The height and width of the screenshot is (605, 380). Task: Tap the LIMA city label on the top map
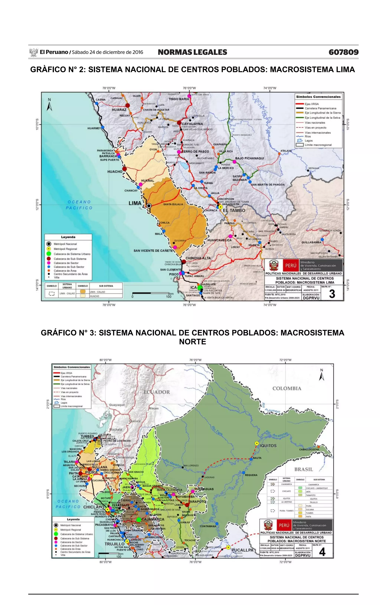tap(135, 203)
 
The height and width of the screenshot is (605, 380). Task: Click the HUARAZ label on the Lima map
tap(119, 110)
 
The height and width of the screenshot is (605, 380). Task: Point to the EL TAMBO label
tap(234, 210)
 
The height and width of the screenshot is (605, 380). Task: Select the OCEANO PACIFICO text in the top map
tap(79, 205)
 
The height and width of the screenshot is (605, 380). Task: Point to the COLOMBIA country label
tap(287, 388)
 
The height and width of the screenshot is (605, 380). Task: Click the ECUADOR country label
tap(157, 392)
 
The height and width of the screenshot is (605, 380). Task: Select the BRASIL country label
tap(304, 469)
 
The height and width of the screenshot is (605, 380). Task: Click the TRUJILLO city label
tap(114, 544)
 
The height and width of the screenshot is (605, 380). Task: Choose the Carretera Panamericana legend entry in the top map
tap(320, 108)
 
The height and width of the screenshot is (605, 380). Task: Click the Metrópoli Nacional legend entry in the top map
tap(65, 244)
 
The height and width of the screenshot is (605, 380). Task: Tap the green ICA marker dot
tap(200, 288)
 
